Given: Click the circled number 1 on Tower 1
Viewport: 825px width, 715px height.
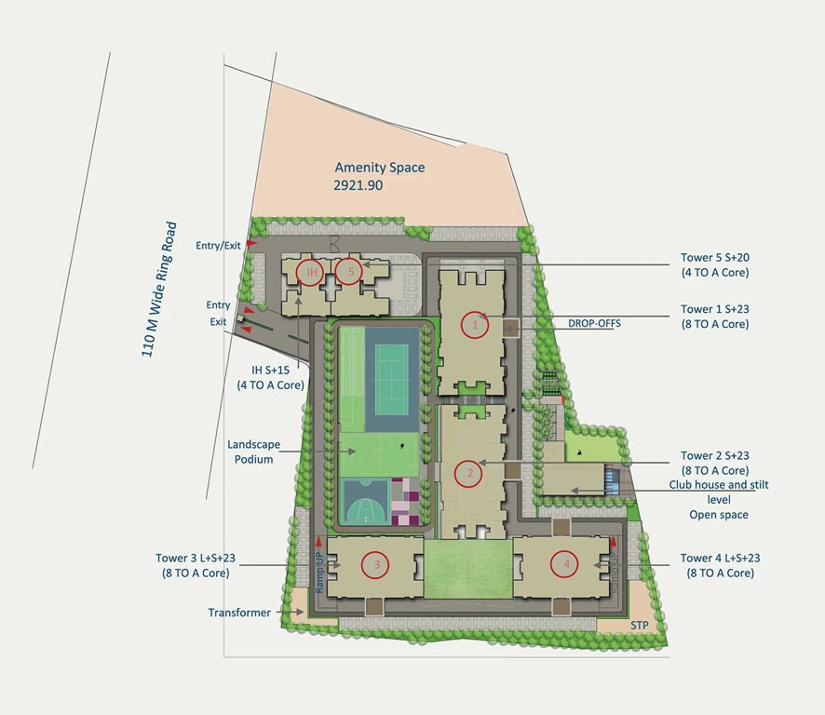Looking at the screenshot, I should pyautogui.click(x=475, y=324).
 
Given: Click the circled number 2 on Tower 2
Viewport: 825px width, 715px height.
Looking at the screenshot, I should pyautogui.click(x=469, y=473).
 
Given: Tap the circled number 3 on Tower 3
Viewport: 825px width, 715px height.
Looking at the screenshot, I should pyautogui.click(x=376, y=563).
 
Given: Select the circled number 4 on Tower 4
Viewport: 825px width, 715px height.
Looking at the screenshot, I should pyautogui.click(x=562, y=562).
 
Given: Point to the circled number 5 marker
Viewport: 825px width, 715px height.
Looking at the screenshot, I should pyautogui.click(x=349, y=272).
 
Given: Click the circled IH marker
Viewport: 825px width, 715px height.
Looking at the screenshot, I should pyautogui.click(x=311, y=272).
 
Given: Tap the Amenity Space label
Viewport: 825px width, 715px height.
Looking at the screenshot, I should pyautogui.click(x=379, y=168).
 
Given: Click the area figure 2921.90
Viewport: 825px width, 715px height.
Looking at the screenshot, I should pyautogui.click(x=358, y=185).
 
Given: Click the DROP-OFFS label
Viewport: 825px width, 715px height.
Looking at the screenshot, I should pyautogui.click(x=594, y=323).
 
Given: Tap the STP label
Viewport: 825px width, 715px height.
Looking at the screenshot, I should pyautogui.click(x=638, y=625).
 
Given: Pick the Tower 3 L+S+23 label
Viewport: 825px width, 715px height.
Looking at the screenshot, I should pyautogui.click(x=196, y=565).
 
